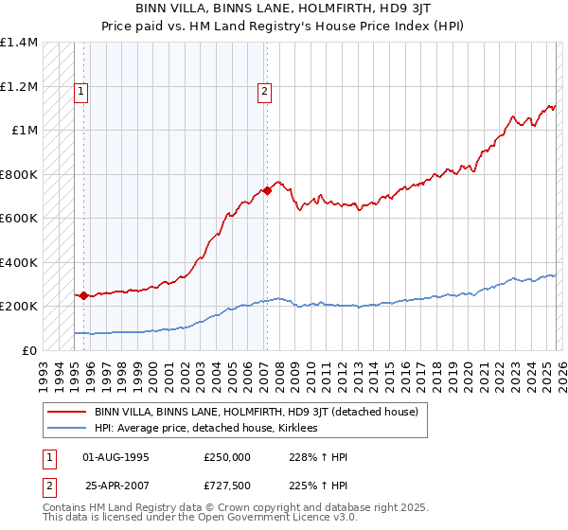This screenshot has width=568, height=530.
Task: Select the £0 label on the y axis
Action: pyautogui.click(x=28, y=350)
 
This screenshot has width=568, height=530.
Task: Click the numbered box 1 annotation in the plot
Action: pyautogui.click(x=81, y=92)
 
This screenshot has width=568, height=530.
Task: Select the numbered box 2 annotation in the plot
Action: pyautogui.click(x=264, y=92)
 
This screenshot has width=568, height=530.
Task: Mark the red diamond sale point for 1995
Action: pyautogui.click(x=83, y=295)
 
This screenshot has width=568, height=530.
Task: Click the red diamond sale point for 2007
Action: pyautogui.click(x=267, y=190)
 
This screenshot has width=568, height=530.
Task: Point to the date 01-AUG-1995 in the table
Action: pyautogui.click(x=116, y=456)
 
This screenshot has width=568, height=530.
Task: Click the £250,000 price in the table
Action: pyautogui.click(x=227, y=456)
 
